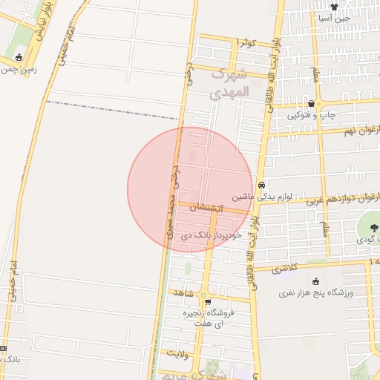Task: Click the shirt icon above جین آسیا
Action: (333, 7)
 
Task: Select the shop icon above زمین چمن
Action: (19, 57)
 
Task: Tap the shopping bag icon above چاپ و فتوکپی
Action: (311, 103)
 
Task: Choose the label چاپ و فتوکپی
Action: (312, 115)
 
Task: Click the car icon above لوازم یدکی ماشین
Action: (261, 185)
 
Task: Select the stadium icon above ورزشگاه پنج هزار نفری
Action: (317, 281)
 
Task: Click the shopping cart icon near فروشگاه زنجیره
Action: (208, 302)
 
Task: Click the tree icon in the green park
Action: (371, 227)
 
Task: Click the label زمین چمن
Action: (19, 70)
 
